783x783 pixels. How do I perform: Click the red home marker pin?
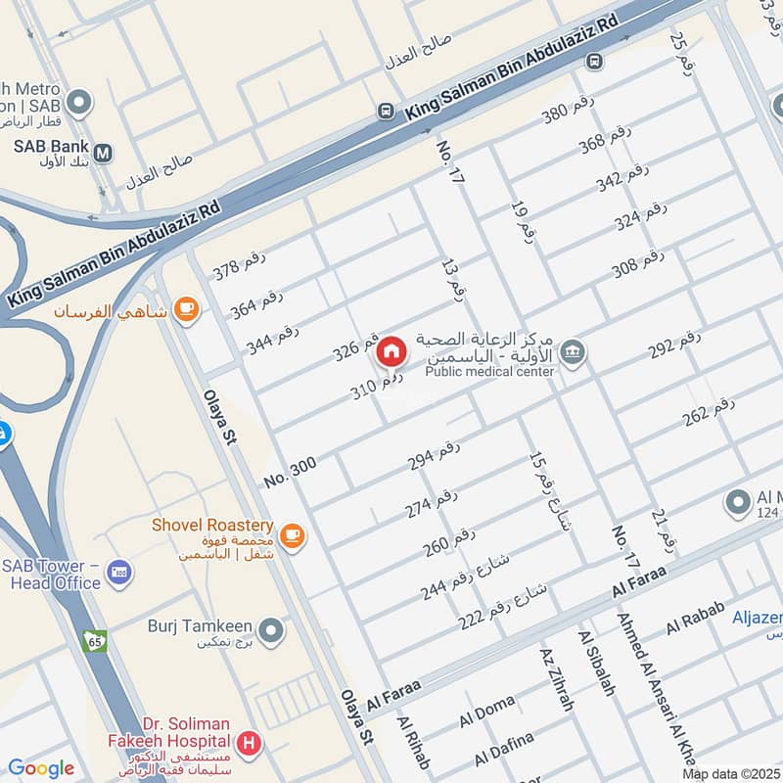tap(391, 351)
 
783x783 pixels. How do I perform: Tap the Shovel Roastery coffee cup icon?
tap(291, 535)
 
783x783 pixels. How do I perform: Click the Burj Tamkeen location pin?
tap(271, 631)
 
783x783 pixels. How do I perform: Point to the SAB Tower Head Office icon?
tap(119, 572)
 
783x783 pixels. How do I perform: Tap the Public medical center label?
tap(490, 371)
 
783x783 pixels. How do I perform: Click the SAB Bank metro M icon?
tap(104, 153)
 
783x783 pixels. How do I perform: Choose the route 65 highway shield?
tap(95, 642)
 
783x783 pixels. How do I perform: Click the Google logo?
tap(41, 768)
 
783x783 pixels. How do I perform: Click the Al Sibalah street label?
tap(597, 664)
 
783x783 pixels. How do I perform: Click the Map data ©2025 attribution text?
tap(729, 773)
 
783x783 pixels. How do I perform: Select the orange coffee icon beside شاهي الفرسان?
tap(184, 310)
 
